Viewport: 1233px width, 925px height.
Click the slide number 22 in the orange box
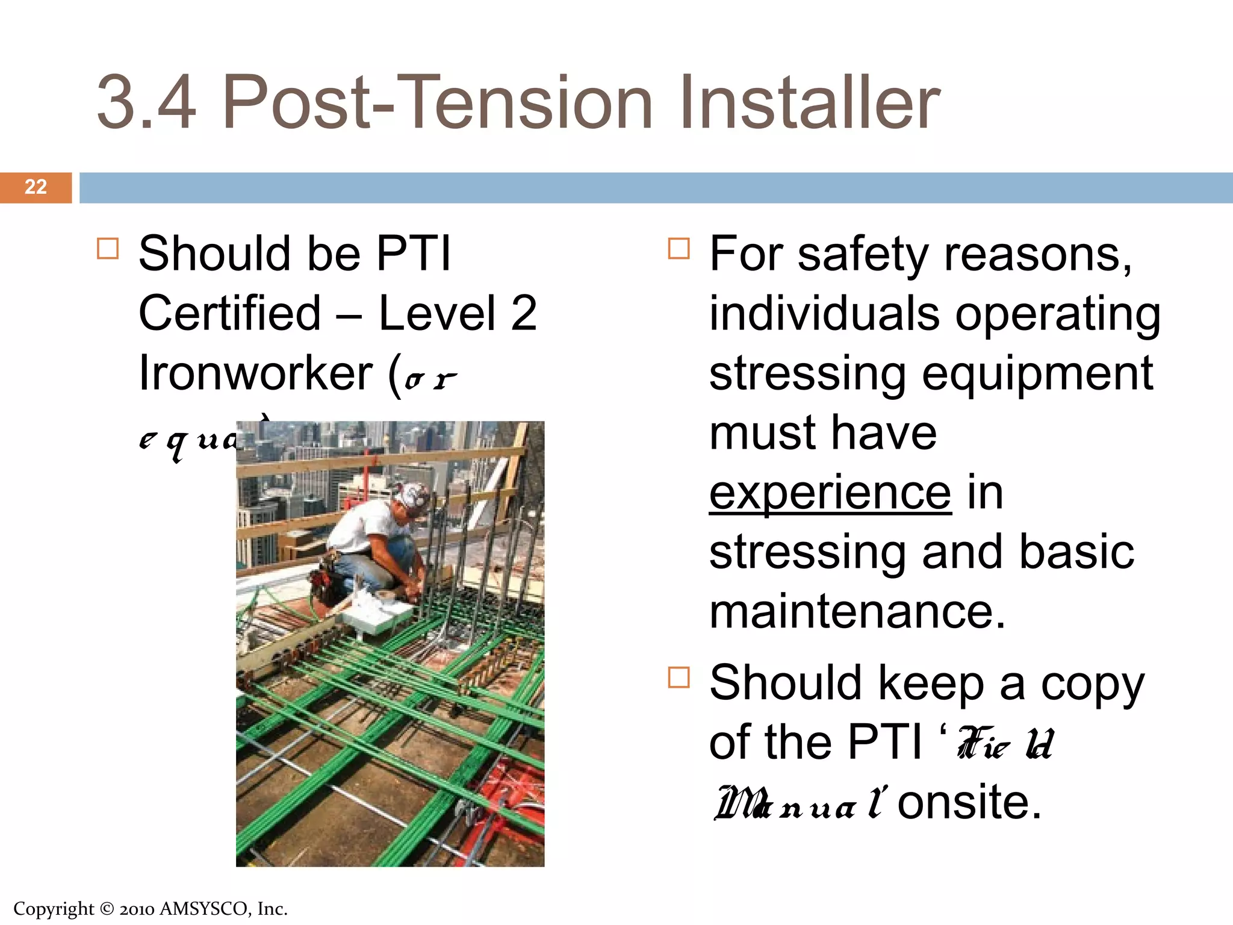click(36, 187)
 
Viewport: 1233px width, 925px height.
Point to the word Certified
click(229, 313)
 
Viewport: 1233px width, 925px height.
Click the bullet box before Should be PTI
click(108, 248)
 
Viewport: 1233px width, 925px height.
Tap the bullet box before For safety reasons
click(679, 248)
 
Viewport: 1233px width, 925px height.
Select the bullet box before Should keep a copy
click(679, 677)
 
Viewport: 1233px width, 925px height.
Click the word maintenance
click(857, 612)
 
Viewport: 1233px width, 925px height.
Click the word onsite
click(969, 802)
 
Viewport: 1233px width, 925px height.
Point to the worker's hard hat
click(414, 495)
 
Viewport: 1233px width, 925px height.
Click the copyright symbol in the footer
click(107, 909)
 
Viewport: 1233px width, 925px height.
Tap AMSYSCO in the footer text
click(203, 909)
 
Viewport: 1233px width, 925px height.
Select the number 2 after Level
click(523, 313)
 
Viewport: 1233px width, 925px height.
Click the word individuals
click(824, 313)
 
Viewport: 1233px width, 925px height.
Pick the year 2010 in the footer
click(137, 909)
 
